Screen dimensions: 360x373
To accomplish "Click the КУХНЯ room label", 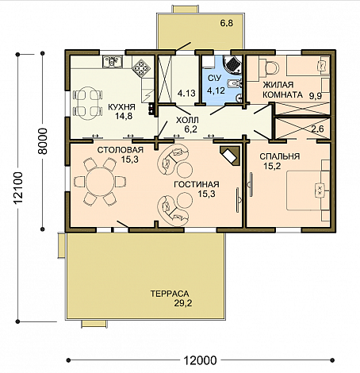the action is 121,107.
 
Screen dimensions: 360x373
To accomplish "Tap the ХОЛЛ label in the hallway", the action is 187,120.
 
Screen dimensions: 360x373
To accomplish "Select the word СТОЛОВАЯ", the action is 121,150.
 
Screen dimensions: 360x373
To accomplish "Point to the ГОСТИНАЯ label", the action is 197,184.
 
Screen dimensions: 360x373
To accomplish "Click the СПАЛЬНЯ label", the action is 280,156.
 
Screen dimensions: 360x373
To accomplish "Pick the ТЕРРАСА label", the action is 170,294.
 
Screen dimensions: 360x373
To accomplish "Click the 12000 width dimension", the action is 200,360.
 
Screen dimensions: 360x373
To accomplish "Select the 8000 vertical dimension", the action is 42,141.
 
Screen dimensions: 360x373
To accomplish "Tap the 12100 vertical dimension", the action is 18,188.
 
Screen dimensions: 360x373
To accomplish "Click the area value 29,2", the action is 183,303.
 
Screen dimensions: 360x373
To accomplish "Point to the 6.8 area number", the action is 227,23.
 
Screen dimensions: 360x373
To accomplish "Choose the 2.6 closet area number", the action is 317,129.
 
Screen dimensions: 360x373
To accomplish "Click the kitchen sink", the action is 113,62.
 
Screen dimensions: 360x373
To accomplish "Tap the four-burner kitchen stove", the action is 140,67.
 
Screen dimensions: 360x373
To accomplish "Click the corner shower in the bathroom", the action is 232,63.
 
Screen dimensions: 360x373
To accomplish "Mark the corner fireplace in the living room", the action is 231,156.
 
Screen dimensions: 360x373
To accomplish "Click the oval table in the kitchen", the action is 88,103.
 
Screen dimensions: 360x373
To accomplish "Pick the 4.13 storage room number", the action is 186,93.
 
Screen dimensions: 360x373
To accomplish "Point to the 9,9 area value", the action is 316,95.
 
